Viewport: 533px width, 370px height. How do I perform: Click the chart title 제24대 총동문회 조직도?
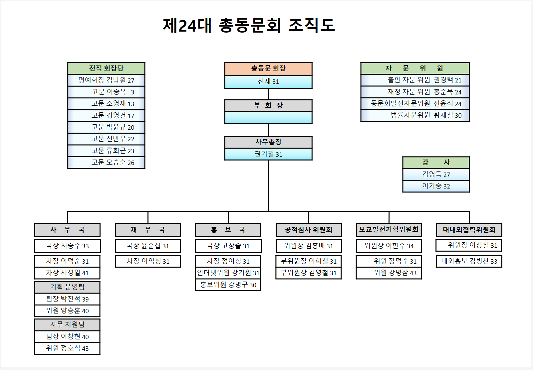click(249, 26)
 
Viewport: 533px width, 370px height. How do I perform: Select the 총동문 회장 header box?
click(268, 68)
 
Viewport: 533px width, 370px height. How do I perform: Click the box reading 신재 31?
click(268, 81)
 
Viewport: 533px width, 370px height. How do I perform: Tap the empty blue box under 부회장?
click(268, 117)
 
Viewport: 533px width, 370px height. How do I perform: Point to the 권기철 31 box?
click(268, 154)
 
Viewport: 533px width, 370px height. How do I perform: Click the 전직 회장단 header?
click(106, 68)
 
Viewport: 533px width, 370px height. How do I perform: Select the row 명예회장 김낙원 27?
click(106, 80)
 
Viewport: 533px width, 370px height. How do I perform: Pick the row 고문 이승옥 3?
click(106, 92)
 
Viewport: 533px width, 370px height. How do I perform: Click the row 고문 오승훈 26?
click(106, 163)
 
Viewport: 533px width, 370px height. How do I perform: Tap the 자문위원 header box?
click(415, 68)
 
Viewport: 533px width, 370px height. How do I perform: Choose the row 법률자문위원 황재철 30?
click(415, 115)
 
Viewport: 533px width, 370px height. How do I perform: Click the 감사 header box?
click(436, 163)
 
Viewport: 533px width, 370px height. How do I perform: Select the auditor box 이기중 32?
click(436, 186)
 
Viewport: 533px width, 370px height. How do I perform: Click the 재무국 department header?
click(148, 230)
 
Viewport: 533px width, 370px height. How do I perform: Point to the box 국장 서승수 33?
click(67, 246)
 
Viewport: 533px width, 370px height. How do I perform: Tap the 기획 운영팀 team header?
click(67, 287)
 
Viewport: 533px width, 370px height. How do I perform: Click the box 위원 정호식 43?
click(67, 348)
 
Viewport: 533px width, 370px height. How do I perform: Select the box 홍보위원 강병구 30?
click(228, 285)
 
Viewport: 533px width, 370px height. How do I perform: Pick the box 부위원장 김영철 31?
click(309, 273)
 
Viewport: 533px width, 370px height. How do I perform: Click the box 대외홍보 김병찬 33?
click(469, 261)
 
